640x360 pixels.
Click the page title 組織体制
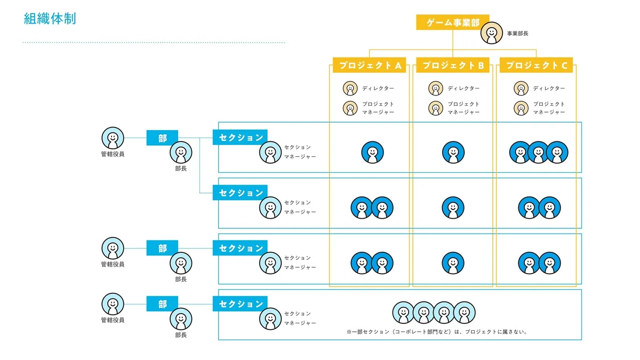[x=50, y=19]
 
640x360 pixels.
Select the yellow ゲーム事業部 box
[x=453, y=22]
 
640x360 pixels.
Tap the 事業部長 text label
[x=517, y=34]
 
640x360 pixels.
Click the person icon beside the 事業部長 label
[x=491, y=33]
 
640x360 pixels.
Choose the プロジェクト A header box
[x=369, y=65]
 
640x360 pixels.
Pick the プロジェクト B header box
[x=453, y=65]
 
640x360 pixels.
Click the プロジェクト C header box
[x=536, y=65]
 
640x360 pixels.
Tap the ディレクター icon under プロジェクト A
[x=350, y=89]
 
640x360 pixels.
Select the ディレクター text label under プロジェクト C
[x=549, y=89]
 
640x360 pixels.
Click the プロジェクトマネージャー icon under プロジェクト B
[x=435, y=108]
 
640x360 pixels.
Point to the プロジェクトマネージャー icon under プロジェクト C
[x=521, y=108]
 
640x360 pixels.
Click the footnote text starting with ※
[x=437, y=332]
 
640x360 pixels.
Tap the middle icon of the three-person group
[x=539, y=153]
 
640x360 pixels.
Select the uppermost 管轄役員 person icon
[x=113, y=138]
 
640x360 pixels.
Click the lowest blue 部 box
[x=162, y=303]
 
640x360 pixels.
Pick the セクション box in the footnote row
[x=240, y=303]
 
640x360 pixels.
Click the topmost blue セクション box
[x=240, y=138]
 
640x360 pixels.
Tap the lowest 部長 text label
[x=181, y=335]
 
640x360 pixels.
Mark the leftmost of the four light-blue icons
[x=403, y=313]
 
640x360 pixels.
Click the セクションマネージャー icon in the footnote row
[x=270, y=318]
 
